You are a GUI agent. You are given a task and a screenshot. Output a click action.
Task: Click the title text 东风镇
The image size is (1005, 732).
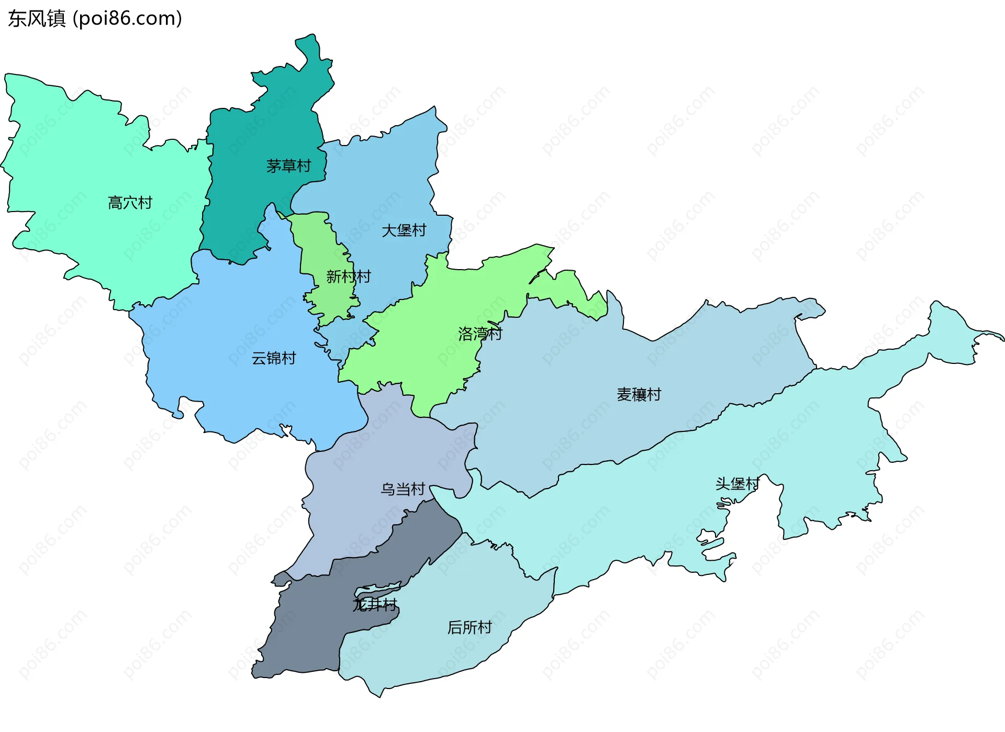37,19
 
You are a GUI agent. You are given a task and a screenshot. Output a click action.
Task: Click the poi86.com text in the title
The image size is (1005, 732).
127,19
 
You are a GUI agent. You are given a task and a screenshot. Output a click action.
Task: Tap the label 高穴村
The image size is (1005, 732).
130,203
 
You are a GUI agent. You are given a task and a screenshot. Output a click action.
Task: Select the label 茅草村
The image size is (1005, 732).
288,166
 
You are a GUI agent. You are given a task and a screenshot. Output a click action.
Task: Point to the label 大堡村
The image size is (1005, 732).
404,230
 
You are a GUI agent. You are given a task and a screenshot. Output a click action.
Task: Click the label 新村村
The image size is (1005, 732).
349,276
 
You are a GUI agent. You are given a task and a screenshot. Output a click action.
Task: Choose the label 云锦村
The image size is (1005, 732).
274,358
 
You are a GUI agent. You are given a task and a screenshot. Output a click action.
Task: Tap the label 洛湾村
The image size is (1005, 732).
480,334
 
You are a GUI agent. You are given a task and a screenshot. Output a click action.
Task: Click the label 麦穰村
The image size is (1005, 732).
639,394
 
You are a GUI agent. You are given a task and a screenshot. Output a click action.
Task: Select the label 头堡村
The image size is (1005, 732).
737,484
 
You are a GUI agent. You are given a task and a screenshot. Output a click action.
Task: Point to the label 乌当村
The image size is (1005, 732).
403,489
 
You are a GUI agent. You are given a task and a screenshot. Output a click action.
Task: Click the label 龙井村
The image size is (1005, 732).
375,605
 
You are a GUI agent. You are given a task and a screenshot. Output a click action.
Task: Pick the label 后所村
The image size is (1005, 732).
470,627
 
